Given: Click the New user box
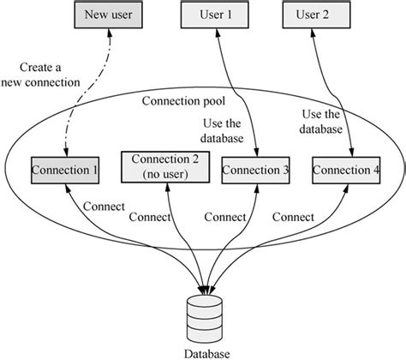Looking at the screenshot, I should [108, 15].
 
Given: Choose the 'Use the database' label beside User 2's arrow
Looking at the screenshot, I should [322, 122].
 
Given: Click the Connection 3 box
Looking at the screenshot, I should [256, 170].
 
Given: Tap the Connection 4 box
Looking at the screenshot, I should [346, 170].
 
